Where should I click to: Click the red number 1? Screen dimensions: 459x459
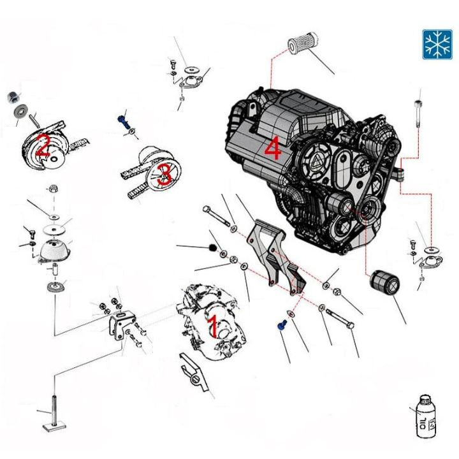[x=213, y=326]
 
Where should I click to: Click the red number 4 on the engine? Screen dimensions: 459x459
[x=272, y=149]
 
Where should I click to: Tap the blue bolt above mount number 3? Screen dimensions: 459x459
[x=123, y=119]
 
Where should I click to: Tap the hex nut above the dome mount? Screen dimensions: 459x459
[x=54, y=189]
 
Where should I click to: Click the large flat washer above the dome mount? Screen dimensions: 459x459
[x=54, y=228]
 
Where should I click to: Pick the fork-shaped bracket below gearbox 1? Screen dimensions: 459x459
[x=196, y=375]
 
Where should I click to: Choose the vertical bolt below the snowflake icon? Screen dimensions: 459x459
[x=418, y=115]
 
